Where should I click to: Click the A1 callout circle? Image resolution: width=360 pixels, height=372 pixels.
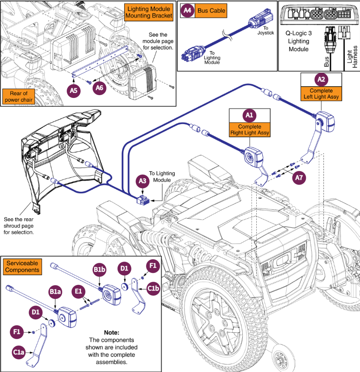[250, 116]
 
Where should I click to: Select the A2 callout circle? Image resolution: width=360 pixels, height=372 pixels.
[321, 79]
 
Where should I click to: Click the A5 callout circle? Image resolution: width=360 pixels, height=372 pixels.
[74, 91]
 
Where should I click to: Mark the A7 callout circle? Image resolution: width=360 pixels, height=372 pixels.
[298, 177]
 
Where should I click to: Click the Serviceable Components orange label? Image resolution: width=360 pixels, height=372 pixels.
[22, 267]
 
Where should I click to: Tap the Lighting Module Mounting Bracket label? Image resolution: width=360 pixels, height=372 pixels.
[149, 12]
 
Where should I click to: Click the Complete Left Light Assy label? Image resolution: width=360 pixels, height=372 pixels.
[321, 94]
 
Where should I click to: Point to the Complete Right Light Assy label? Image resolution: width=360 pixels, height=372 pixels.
[250, 130]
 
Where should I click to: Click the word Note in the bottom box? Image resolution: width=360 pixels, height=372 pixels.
[112, 333]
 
